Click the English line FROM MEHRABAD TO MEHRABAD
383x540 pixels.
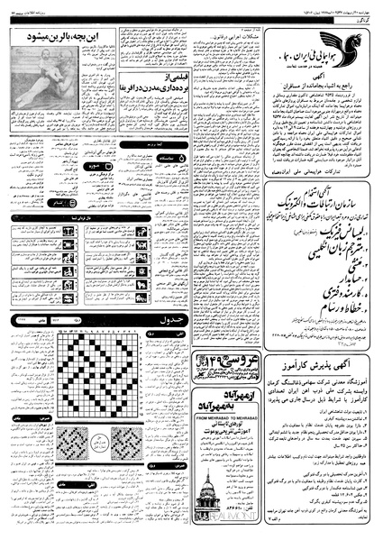pos(224,394)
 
